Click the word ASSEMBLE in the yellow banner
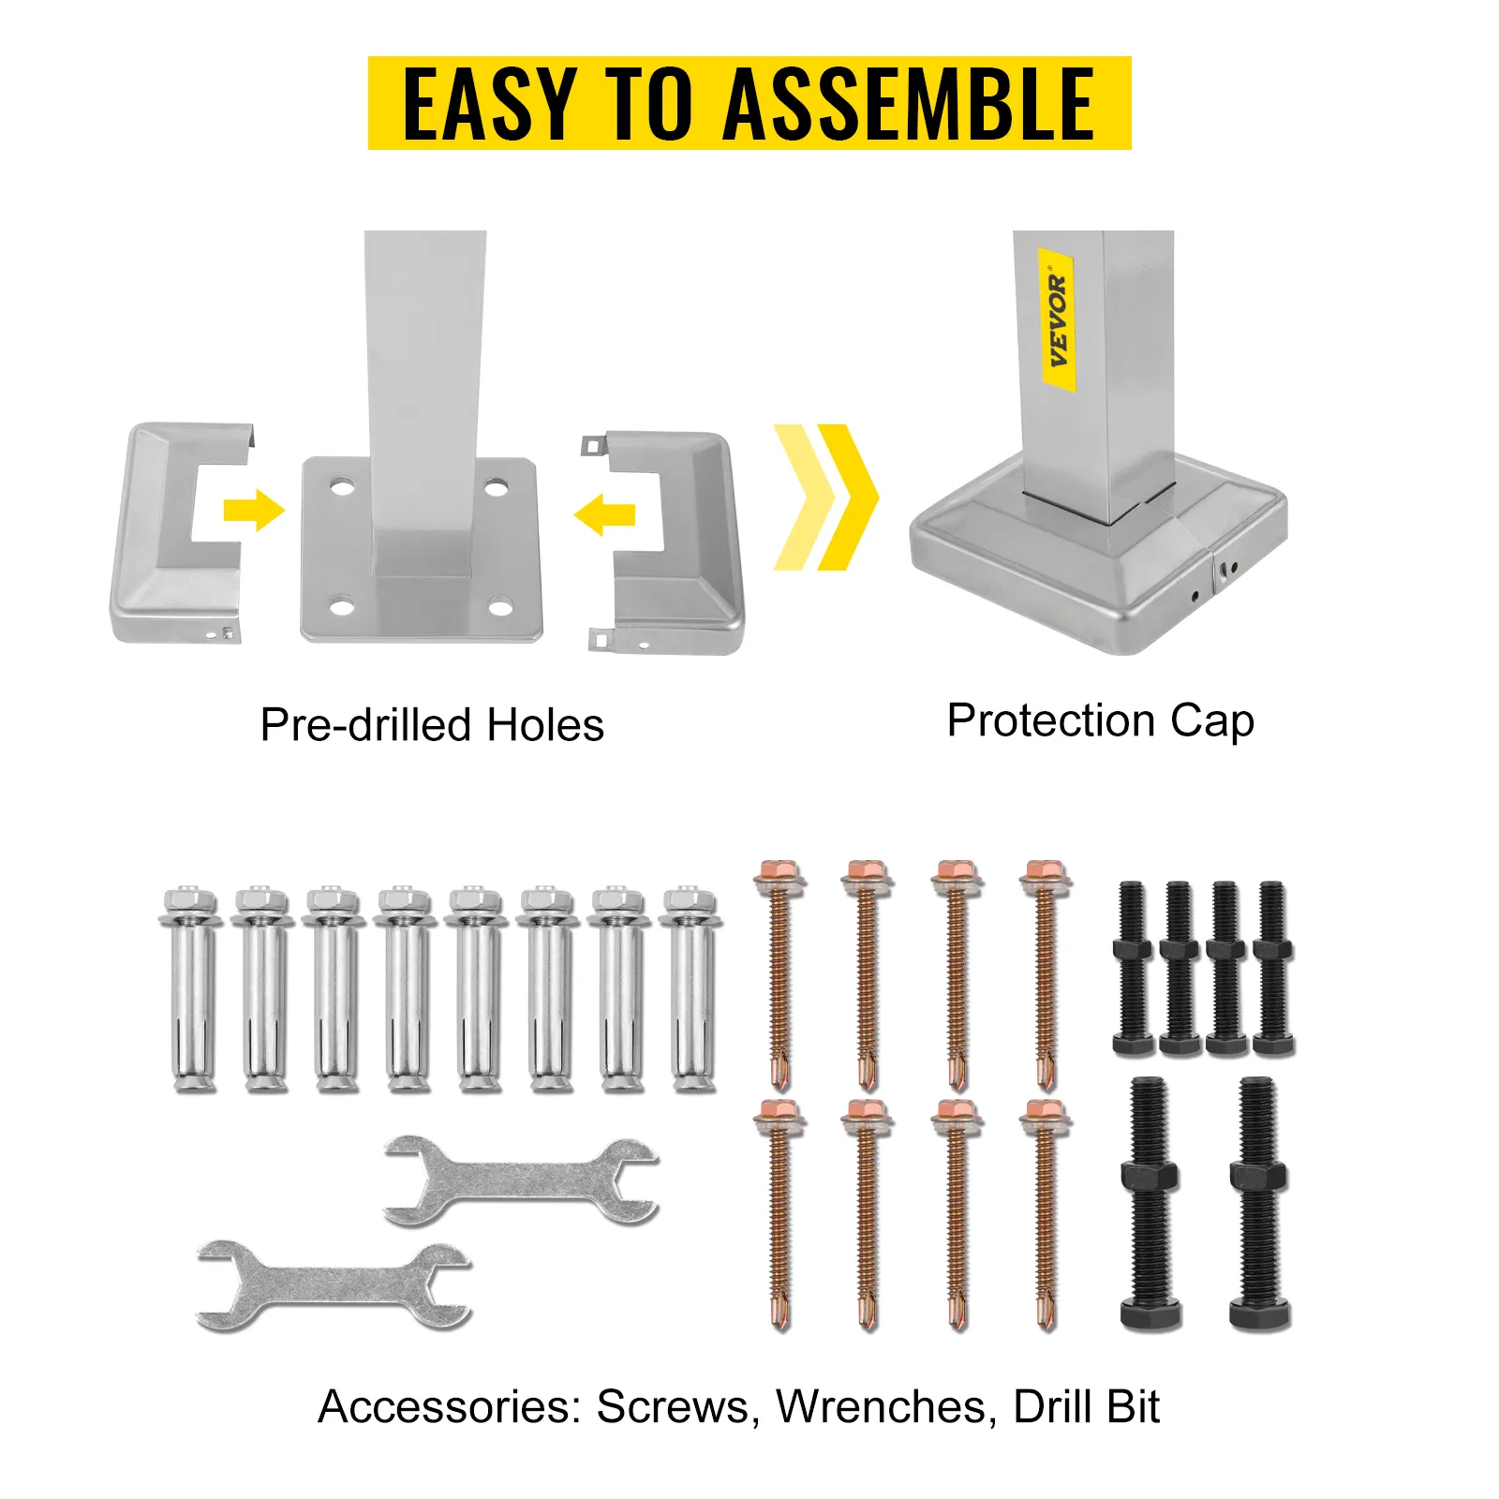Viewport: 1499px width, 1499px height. pos(909,104)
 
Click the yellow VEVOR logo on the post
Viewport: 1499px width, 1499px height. pos(1058,320)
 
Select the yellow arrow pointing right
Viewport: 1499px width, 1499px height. pos(254,511)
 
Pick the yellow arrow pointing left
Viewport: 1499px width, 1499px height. pos(604,514)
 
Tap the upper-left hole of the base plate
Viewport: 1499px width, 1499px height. pos(342,487)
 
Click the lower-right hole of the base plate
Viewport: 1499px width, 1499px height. pos(500,609)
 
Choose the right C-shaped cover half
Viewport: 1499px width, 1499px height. pos(664,541)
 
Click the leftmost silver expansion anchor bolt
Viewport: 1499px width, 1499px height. pos(191,989)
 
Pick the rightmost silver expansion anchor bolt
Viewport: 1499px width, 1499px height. pos(690,989)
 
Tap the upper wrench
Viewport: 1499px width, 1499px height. pos(522,1181)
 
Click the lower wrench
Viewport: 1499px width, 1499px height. pos(334,1285)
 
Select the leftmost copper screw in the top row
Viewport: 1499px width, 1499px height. pos(779,974)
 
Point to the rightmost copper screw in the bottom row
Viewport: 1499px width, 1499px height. pos(1046,1214)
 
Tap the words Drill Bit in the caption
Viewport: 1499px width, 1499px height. pos(1087,1406)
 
